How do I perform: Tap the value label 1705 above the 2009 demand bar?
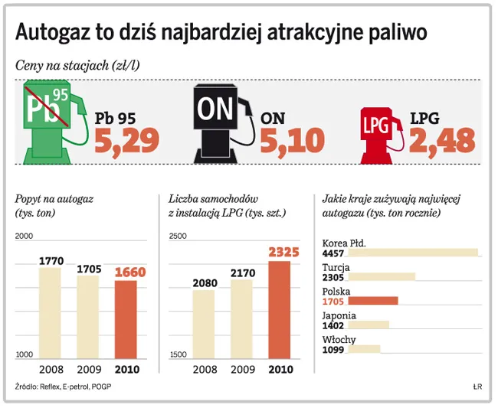(88, 269)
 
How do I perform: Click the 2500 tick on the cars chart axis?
(178, 237)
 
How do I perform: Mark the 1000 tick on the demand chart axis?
(25, 354)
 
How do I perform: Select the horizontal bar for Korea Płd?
(413, 253)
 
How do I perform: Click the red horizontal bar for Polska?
(373, 301)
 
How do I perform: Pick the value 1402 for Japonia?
(334, 325)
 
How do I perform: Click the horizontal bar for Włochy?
(365, 349)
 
